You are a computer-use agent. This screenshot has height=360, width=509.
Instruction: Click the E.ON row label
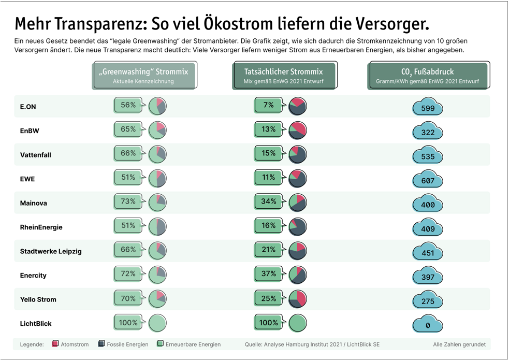[x=28, y=107]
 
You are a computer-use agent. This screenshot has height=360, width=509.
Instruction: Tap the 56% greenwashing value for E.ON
[x=128, y=105]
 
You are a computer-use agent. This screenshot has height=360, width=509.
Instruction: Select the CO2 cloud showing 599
[x=428, y=107]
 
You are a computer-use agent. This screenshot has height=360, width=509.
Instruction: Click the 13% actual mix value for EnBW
[x=268, y=129]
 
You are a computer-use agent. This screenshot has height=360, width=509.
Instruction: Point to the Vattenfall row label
[x=35, y=155]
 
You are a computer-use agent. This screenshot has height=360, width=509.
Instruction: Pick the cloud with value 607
[x=428, y=180]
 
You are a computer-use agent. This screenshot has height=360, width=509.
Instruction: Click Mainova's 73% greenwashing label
[x=128, y=201]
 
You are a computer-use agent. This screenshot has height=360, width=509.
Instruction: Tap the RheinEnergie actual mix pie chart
[x=297, y=227]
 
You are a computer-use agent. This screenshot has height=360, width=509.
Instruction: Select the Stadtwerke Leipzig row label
[x=51, y=251]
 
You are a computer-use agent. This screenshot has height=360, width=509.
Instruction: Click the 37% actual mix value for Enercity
[x=268, y=273]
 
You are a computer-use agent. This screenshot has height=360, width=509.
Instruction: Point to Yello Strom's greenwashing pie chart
[x=157, y=299]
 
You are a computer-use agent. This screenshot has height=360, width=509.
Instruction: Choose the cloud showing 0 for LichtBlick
[x=428, y=325]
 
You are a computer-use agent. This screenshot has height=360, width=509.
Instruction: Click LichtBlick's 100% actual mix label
[x=268, y=323]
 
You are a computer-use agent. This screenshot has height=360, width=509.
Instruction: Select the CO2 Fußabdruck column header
[x=428, y=76]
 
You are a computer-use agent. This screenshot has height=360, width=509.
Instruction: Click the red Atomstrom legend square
[x=55, y=344]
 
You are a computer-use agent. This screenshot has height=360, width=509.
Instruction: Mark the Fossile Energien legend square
[x=102, y=344]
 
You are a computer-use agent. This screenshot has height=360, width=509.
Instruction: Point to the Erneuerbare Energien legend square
[x=161, y=344]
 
